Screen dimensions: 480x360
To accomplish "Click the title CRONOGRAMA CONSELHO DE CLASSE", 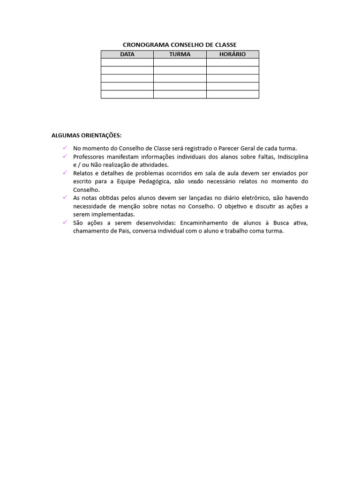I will (x=180, y=45).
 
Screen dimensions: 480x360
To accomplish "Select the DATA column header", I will (x=127, y=54).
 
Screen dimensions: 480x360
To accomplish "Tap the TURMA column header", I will (x=180, y=54).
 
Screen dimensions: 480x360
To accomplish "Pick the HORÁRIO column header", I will (x=232, y=54).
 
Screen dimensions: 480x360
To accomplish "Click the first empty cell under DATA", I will (x=127, y=62).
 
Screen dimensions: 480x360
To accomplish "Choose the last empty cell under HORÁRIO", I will (x=232, y=94).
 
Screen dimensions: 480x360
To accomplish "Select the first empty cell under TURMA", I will (x=180, y=62).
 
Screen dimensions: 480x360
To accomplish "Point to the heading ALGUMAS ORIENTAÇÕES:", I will (x=86, y=136).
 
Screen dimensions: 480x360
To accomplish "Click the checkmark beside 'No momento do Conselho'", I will (x=65, y=148).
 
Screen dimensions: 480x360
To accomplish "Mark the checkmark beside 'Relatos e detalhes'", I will (x=65, y=172).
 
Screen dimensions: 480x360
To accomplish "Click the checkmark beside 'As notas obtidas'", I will (x=65, y=197).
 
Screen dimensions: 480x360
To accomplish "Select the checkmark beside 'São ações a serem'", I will (x=65, y=222).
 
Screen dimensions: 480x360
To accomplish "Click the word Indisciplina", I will (x=293, y=157).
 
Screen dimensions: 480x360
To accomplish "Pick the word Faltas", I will (x=266, y=157).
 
